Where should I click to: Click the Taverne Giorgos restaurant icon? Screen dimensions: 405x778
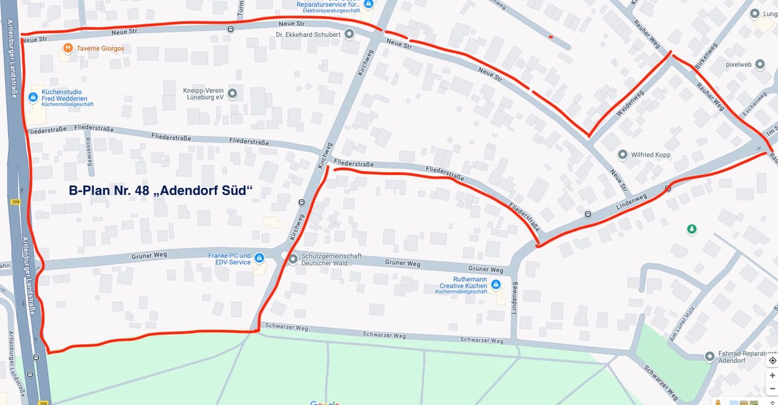coord(68,49)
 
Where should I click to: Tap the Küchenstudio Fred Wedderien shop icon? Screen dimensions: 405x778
coord(34,97)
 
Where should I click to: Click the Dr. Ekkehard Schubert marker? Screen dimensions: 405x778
coord(349,34)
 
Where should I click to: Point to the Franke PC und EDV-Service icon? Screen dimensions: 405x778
coord(259,259)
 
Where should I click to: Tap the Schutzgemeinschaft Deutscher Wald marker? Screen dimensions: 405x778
coord(292,259)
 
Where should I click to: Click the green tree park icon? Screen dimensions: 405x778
coord(692,229)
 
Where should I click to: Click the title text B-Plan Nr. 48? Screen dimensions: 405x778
coord(160,191)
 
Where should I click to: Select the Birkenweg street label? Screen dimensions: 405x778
coord(705,57)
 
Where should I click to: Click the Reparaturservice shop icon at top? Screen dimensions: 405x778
coord(368,5)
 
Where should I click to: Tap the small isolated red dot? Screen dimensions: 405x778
coord(550,37)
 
